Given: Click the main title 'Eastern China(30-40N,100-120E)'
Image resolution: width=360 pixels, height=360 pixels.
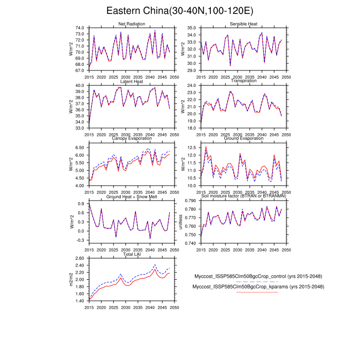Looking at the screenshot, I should (x=179, y=11).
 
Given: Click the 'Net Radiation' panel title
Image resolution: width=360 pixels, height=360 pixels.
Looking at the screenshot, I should (x=131, y=24).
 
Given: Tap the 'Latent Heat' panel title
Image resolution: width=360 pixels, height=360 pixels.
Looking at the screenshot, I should (x=131, y=81).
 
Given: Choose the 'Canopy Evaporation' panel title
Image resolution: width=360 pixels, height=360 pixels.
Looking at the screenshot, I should (x=131, y=138).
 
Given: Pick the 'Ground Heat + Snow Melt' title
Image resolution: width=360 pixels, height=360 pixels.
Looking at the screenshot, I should (x=131, y=196).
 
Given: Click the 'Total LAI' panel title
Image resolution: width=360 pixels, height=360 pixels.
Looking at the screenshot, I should (x=131, y=255).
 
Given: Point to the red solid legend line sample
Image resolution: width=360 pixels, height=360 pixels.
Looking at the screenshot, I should (x=257, y=292).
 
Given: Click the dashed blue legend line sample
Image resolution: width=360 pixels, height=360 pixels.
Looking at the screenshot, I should (x=257, y=282).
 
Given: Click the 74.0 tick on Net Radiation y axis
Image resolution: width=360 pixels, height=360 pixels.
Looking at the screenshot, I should (x=80, y=28).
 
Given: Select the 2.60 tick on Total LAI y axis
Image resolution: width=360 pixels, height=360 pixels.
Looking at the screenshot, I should (x=80, y=259).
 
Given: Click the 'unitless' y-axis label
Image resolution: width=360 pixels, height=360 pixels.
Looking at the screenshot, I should (x=181, y=222).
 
